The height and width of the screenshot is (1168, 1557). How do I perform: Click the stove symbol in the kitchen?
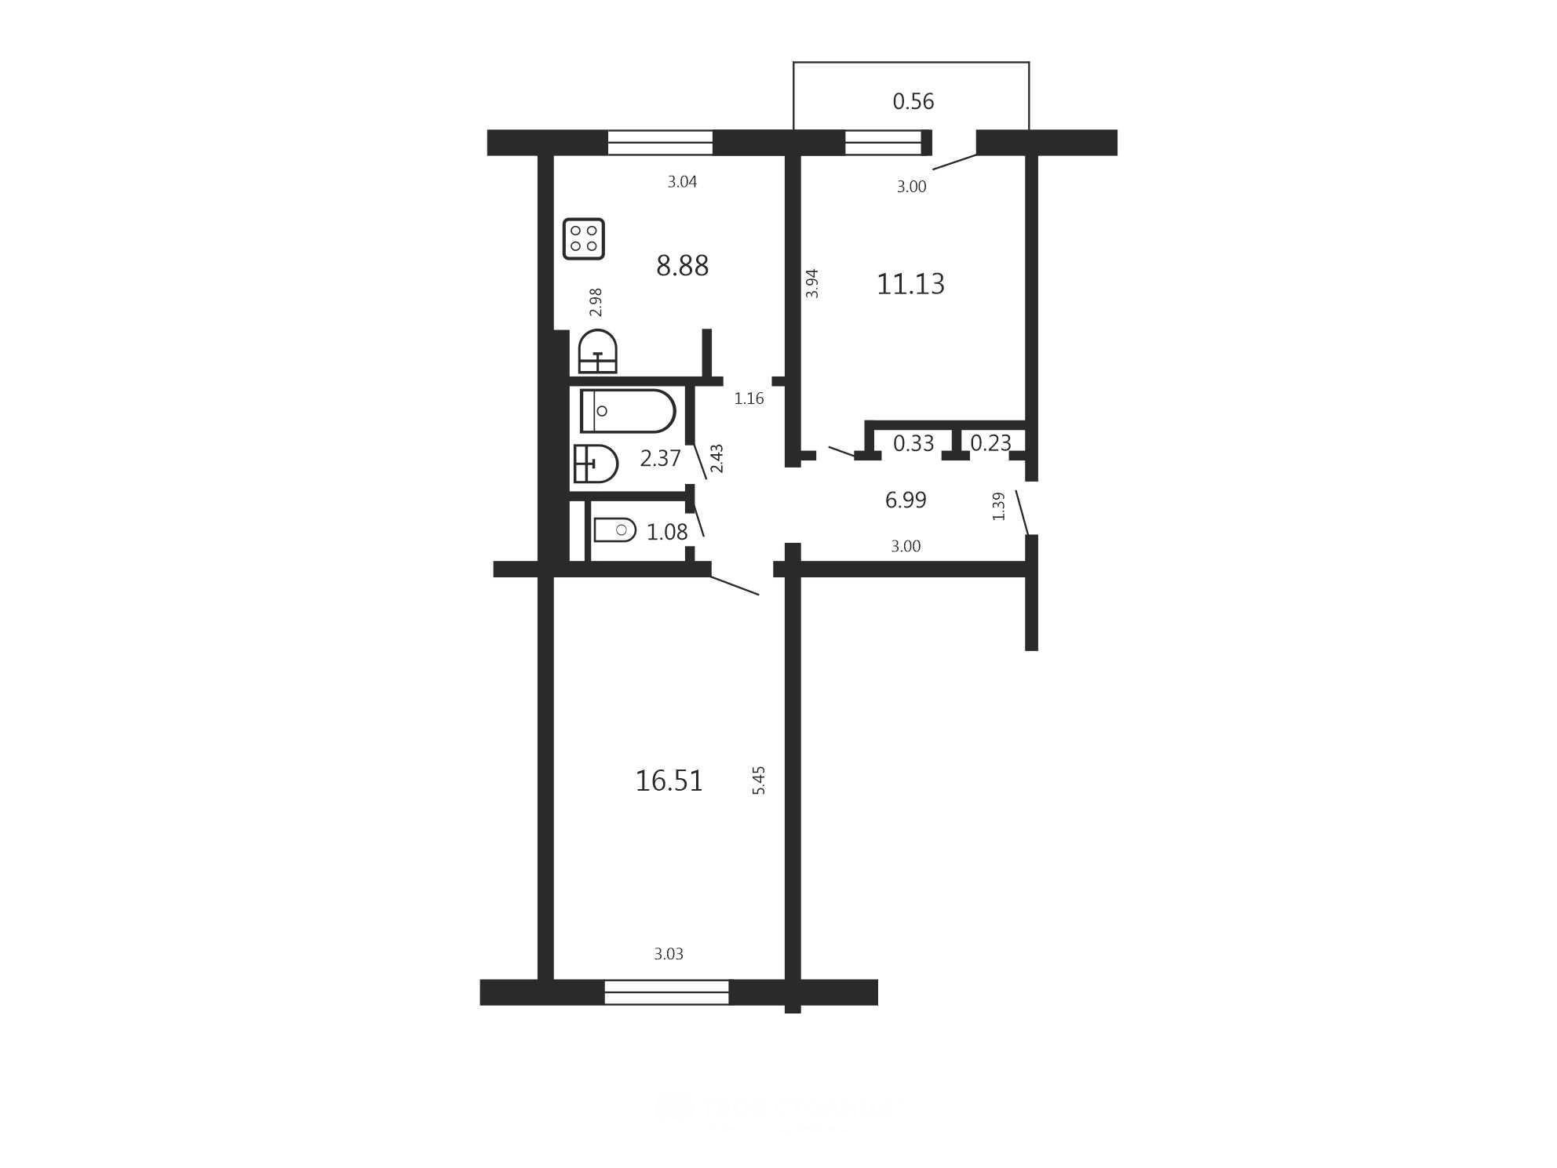(584, 238)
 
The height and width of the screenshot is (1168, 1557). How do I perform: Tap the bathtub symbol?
(628, 411)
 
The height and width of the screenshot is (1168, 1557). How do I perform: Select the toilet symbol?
(614, 530)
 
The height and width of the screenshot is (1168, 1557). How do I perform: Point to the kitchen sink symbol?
(598, 351)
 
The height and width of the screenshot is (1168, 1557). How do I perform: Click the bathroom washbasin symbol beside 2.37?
(596, 464)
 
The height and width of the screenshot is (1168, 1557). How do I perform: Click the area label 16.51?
(669, 780)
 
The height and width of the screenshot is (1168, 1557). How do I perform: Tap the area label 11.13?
(910, 283)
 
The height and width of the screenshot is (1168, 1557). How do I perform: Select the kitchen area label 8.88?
(682, 266)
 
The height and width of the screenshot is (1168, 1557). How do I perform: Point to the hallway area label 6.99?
(906, 500)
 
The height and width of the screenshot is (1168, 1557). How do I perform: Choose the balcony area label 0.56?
(913, 101)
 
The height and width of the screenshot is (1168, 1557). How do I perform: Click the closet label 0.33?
(913, 443)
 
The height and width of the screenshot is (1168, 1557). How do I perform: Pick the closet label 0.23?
(990, 443)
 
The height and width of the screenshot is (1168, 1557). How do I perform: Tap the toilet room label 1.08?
(666, 532)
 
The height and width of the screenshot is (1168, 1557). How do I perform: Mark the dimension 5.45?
(759, 780)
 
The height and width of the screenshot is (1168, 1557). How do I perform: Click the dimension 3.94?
(812, 283)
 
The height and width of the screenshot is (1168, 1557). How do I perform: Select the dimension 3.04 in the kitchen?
(682, 182)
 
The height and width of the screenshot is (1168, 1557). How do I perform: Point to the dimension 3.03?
(669, 954)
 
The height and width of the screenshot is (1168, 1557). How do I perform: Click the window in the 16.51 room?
(666, 992)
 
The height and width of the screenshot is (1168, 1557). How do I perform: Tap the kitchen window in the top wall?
(660, 143)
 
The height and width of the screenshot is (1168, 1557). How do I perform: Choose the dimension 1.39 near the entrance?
(998, 506)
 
